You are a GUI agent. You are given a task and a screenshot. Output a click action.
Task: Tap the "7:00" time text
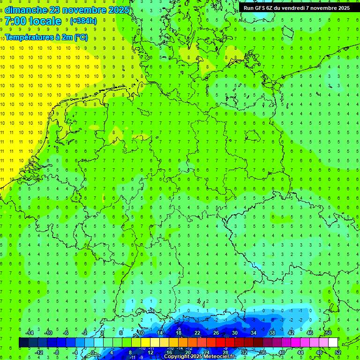15,21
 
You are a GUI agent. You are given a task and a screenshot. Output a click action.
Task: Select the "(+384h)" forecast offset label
83,21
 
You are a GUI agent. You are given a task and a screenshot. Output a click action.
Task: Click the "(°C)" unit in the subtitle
81,37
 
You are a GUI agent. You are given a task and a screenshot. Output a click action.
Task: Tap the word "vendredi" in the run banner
298,8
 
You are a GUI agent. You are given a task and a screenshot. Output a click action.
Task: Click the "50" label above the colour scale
328,333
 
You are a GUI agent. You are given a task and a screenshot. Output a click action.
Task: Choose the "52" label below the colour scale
338,352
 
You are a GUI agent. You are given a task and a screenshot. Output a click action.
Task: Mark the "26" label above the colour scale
216,333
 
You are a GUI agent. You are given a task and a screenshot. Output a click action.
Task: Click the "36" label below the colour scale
262,352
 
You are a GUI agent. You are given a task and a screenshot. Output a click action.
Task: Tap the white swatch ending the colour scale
333,343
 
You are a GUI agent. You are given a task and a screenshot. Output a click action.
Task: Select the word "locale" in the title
45,21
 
